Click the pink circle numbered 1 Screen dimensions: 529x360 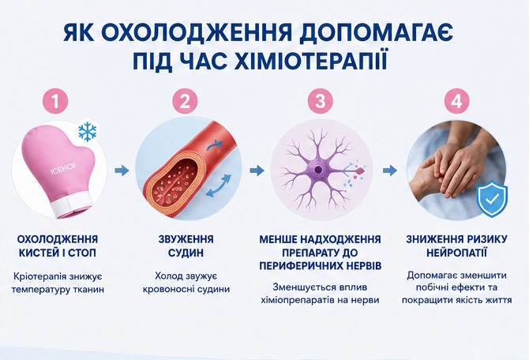[x=56, y=101]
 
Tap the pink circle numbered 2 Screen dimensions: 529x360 [x=185, y=101]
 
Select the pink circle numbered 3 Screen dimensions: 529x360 [x=321, y=101]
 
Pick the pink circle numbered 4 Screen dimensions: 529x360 [x=457, y=101]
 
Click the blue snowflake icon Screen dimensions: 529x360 [x=88, y=132]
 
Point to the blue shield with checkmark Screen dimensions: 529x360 [x=492, y=199]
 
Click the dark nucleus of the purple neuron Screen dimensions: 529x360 [x=318, y=170]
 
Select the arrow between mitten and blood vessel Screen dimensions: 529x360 [x=122, y=171]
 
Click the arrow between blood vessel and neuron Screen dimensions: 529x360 [x=257, y=171]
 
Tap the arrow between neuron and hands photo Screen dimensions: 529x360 [x=390, y=171]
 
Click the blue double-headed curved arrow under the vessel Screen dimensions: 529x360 [x=218, y=186]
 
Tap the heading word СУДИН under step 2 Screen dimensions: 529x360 [x=186, y=253]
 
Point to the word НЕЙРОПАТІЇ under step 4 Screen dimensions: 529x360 [x=456, y=253]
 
